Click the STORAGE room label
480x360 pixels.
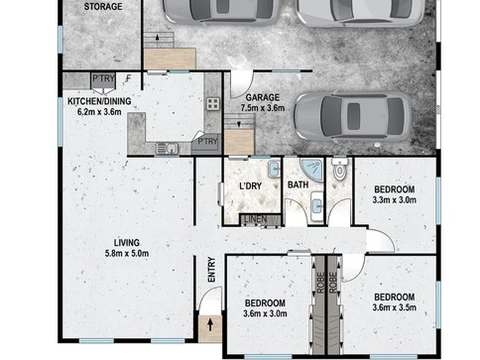[103, 7]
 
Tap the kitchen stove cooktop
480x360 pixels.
[213, 103]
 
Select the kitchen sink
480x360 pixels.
[167, 149]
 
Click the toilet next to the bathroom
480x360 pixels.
[339, 169]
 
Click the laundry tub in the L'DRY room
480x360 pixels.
[274, 169]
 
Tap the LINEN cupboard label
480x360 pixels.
[255, 219]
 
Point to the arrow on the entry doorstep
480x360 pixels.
[210, 325]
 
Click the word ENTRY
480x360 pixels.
[211, 269]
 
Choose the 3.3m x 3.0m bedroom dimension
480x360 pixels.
[394, 200]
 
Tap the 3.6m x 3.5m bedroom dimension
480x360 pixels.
[394, 307]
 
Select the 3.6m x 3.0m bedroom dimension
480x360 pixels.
[265, 313]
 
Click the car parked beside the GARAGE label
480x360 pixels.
[353, 116]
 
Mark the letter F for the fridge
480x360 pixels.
[129, 79]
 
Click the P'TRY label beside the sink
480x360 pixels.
[207, 141]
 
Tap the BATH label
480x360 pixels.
[298, 185]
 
